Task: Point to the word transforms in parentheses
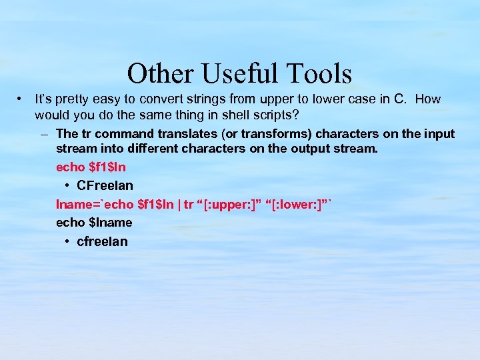pos(257,134)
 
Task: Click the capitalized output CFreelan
pos(105,185)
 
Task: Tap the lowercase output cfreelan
pos(102,241)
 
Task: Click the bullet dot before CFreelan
pos(69,185)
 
